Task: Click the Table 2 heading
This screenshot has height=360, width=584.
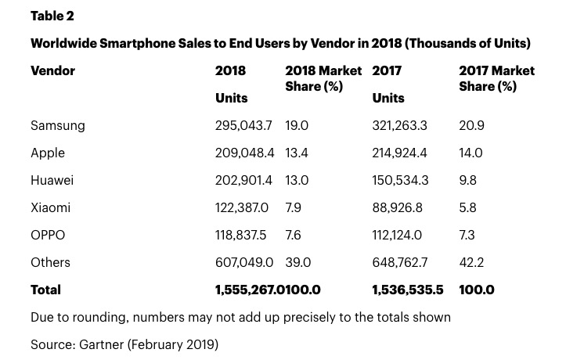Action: (x=52, y=16)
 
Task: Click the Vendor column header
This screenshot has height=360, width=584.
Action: (x=52, y=70)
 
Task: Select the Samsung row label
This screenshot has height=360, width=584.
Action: (x=57, y=125)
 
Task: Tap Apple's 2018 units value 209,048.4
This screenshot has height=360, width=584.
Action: (x=243, y=153)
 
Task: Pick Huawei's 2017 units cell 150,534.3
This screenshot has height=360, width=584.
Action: (x=400, y=180)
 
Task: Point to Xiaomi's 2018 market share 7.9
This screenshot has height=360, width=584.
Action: (x=294, y=207)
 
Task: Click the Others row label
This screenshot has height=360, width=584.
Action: (x=50, y=262)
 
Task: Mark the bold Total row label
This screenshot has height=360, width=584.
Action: (x=45, y=290)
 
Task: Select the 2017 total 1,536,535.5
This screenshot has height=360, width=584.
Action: (x=407, y=290)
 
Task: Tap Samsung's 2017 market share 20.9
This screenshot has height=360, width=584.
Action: (x=470, y=125)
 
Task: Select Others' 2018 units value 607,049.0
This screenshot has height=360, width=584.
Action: (x=243, y=262)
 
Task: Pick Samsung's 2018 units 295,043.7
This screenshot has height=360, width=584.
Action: (x=243, y=125)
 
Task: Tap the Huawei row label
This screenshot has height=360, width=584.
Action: (x=52, y=180)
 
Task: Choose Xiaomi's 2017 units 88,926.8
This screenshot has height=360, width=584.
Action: (x=397, y=207)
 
